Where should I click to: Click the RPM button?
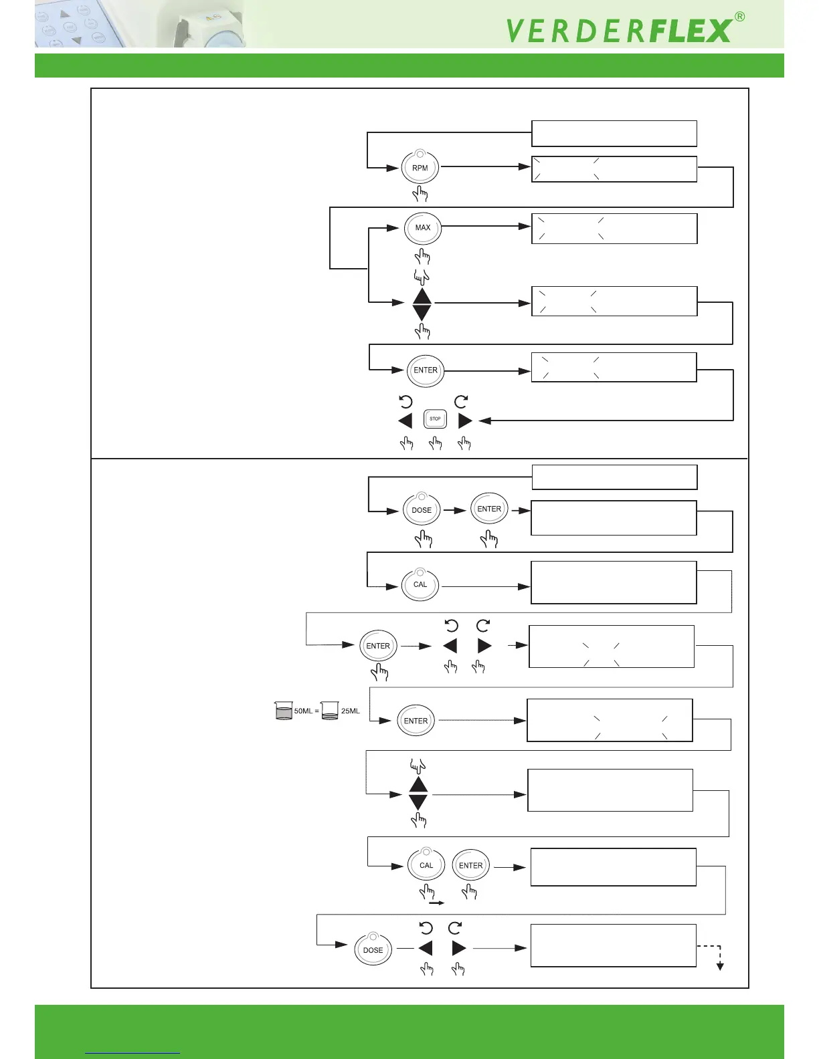point(420,168)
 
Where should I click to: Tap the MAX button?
point(423,228)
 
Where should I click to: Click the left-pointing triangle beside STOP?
point(405,421)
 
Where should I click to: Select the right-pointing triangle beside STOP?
point(465,421)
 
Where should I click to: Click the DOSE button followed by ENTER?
point(422,510)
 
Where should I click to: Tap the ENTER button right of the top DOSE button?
point(489,509)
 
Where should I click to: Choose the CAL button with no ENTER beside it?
point(420,584)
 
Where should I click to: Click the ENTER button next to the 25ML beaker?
point(416,721)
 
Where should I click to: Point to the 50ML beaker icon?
point(284,710)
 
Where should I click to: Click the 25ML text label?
point(351,711)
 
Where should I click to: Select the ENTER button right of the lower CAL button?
point(471,865)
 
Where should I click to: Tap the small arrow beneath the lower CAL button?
point(437,903)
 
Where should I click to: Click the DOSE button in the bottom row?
point(373,949)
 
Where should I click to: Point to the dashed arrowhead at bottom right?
point(720,966)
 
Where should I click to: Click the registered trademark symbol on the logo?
point(739,17)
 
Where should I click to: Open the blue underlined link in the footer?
point(132,1053)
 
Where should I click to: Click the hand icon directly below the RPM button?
point(420,195)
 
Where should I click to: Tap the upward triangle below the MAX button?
point(422,297)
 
